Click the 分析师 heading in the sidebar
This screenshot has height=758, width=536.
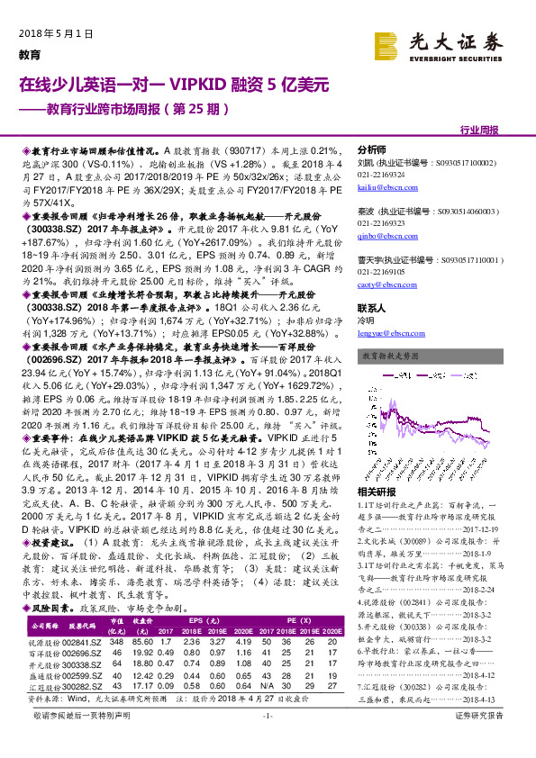[x=372, y=149]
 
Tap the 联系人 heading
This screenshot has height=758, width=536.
[x=372, y=306]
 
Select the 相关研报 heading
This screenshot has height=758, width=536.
[x=376, y=492]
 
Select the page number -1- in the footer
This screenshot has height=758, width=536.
[x=268, y=740]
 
